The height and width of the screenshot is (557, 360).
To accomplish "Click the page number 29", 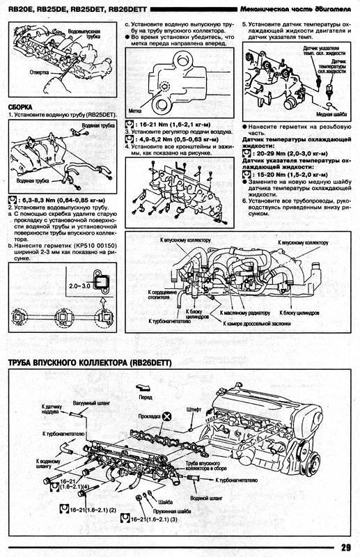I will pos(345,545).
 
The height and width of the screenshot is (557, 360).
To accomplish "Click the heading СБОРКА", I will pos(22,108).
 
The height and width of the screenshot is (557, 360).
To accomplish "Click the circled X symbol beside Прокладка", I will pos(167,416).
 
